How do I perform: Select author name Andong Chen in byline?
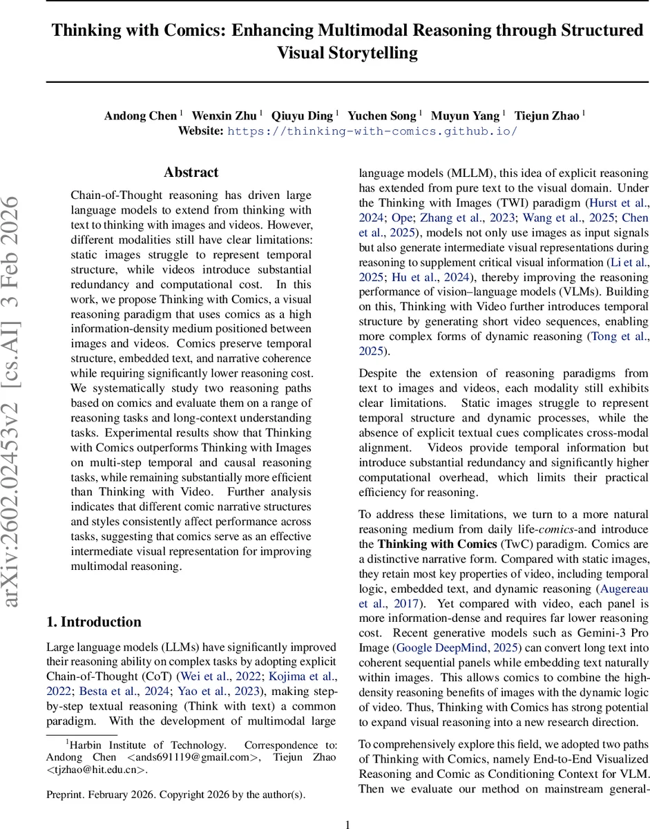(140, 115)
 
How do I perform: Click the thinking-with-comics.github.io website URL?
(372, 131)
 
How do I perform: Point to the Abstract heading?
(191, 173)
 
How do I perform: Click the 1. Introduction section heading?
(93, 622)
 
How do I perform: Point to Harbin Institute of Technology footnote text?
(147, 745)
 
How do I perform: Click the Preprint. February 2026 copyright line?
(175, 794)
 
